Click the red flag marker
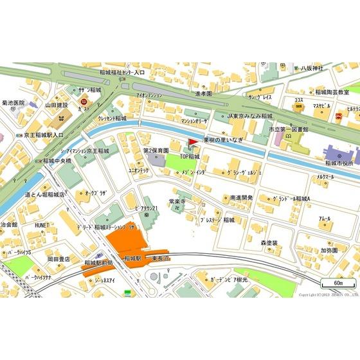click(x=192, y=143)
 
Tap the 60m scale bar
click(x=338, y=283)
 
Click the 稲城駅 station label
click(x=133, y=258)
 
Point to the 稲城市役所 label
click(x=340, y=162)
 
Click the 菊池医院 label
click(x=13, y=103)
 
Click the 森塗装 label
click(x=269, y=242)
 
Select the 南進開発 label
click(x=241, y=199)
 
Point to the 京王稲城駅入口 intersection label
click(x=42, y=135)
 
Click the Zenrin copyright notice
click(x=328, y=294)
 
